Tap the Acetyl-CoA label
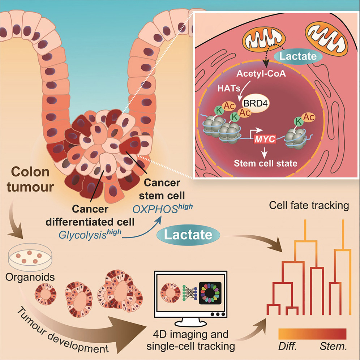click(259, 74)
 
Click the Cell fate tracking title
click(309, 206)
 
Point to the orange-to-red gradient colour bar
click(312, 334)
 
